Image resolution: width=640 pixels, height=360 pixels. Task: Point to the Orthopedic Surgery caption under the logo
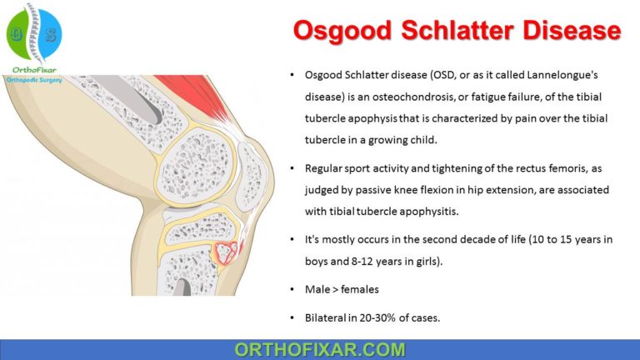point(41,81)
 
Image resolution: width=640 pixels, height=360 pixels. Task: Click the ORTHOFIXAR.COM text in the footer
point(320,349)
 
